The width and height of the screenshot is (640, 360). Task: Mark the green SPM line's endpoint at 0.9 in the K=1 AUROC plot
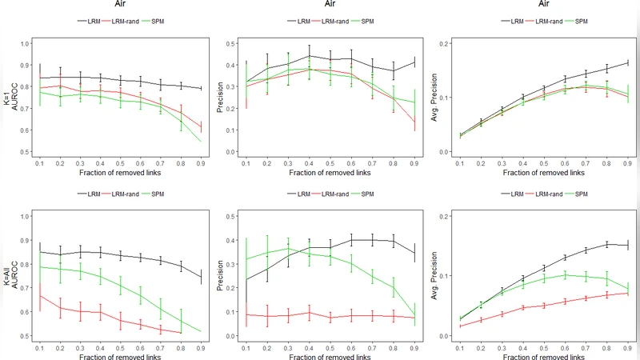pos(201,141)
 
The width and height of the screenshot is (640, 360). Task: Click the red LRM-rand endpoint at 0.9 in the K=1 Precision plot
pos(414,122)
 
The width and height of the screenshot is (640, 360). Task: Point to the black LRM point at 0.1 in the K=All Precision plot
pos(247,279)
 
